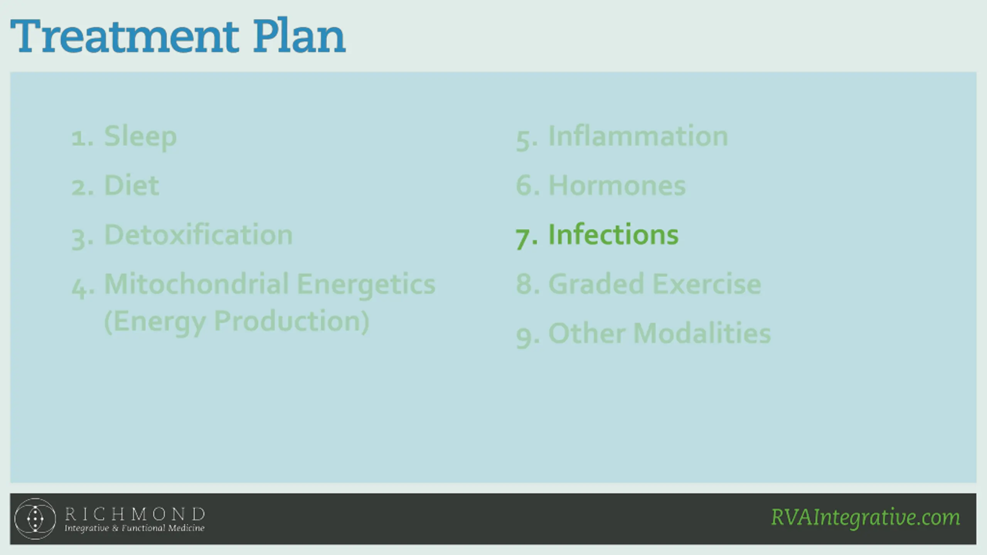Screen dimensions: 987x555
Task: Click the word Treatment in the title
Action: click(x=125, y=36)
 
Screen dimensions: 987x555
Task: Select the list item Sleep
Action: click(x=140, y=137)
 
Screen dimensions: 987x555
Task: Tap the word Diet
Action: click(x=131, y=185)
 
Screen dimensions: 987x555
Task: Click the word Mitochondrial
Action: click(x=197, y=284)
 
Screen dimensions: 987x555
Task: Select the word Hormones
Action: click(x=617, y=185)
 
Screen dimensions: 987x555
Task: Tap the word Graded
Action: click(x=596, y=284)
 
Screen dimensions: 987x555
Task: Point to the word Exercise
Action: click(x=707, y=284)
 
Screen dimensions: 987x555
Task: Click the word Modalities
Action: click(x=702, y=333)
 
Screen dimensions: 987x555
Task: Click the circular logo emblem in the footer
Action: click(x=35, y=519)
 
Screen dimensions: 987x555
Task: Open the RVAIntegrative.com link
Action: click(x=866, y=518)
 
